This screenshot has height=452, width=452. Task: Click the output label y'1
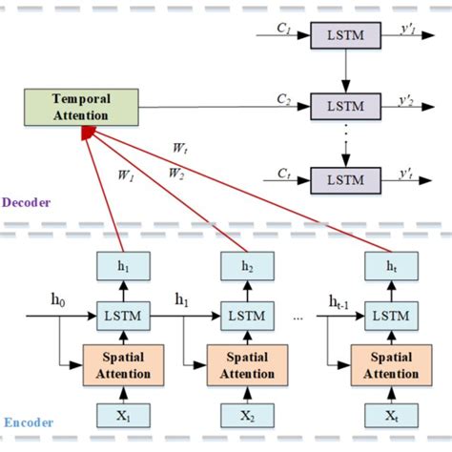(406, 31)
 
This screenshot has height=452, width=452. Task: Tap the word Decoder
(27, 202)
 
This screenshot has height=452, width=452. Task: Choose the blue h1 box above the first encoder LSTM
(120, 268)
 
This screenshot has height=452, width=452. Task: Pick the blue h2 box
(246, 268)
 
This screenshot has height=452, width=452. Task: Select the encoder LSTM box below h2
(246, 314)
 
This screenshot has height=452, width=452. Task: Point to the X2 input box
(246, 416)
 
